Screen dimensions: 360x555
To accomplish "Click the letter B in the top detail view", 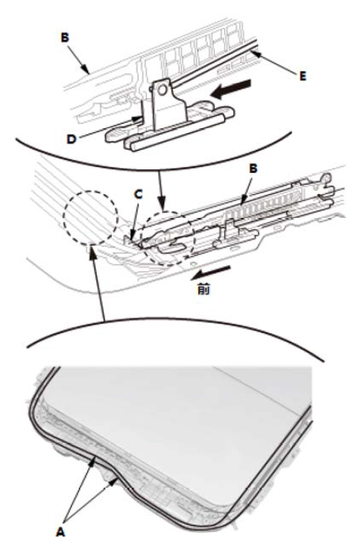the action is pyautogui.click(x=65, y=38).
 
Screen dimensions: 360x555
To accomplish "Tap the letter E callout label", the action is pyautogui.click(x=303, y=76).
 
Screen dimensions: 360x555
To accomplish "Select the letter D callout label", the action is pyautogui.click(x=71, y=139).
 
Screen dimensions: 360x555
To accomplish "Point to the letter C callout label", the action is pyautogui.click(x=138, y=194).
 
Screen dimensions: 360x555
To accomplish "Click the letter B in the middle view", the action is pyautogui.click(x=253, y=169).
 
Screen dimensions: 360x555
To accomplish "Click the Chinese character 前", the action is pyautogui.click(x=203, y=290).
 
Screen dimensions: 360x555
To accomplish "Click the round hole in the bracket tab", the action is pyautogui.click(x=162, y=90).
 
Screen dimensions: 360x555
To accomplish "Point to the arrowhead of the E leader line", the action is pyautogui.click(x=256, y=54).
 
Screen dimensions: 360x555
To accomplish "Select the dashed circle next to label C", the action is pyautogui.click(x=168, y=238).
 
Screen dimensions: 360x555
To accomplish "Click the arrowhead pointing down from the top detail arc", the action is pyautogui.click(x=161, y=206).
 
